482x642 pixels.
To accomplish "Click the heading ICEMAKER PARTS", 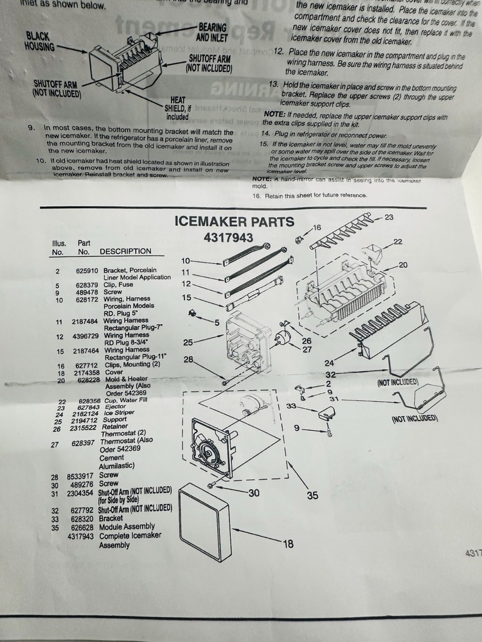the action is pyautogui.click(x=235, y=222).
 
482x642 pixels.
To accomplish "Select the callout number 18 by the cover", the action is pyautogui.click(x=287, y=544).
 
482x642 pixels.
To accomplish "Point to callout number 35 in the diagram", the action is pyautogui.click(x=312, y=495).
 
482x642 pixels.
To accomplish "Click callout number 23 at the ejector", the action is pyautogui.click(x=389, y=218).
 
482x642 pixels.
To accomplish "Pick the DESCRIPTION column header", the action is pyautogui.click(x=125, y=251).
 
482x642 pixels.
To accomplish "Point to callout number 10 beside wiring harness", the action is pyautogui.click(x=186, y=261).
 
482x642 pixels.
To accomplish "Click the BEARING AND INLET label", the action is pyautogui.click(x=212, y=32).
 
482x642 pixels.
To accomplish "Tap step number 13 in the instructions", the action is pyautogui.click(x=273, y=84).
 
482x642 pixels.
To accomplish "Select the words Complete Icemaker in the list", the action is pyautogui.click(x=130, y=535).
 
